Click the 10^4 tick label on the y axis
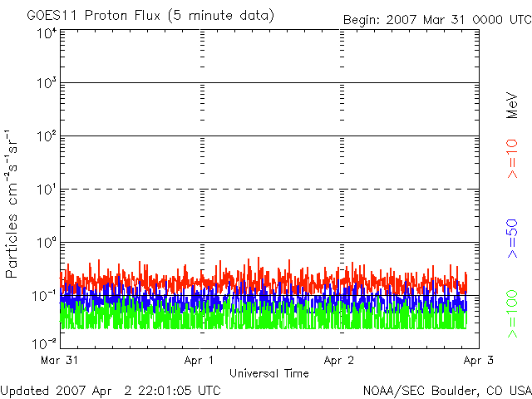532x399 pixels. pyautogui.click(x=46, y=34)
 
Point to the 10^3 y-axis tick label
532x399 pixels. pyautogui.click(x=46, y=83)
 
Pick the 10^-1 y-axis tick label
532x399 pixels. pyautogui.click(x=44, y=295)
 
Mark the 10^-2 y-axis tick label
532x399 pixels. pyautogui.click(x=44, y=342)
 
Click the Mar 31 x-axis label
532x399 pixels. pyautogui.click(x=59, y=361)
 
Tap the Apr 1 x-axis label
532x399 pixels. pyautogui.click(x=199, y=361)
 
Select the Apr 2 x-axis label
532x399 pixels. pyautogui.click(x=339, y=361)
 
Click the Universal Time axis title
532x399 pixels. pyautogui.click(x=268, y=373)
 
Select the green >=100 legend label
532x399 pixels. pyautogui.click(x=513, y=314)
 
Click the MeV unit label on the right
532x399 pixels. pyautogui.click(x=513, y=106)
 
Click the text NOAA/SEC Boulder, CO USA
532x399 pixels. pyautogui.click(x=446, y=390)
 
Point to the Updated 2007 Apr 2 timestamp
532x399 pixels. pyautogui.click(x=111, y=390)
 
